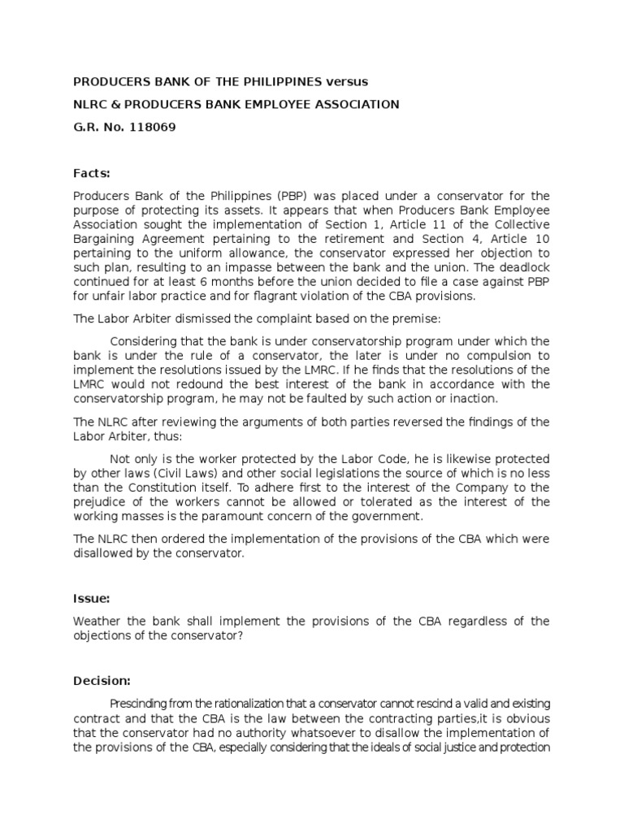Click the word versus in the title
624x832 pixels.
[347, 82]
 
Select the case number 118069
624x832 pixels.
[148, 128]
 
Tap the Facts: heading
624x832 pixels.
[91, 173]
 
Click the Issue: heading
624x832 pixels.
[92, 599]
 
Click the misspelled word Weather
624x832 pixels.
[98, 622]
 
